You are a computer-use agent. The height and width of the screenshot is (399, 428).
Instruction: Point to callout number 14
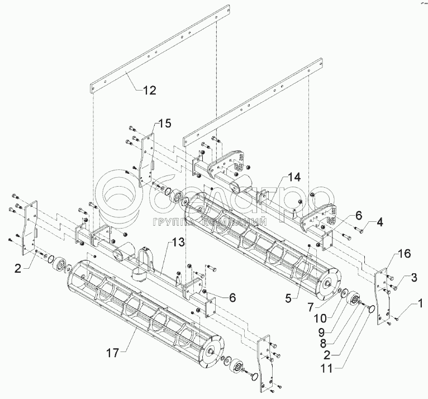[x=295, y=177]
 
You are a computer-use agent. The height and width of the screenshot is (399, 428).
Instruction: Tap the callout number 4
[x=379, y=222]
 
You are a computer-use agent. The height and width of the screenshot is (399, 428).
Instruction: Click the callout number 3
[x=413, y=277]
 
